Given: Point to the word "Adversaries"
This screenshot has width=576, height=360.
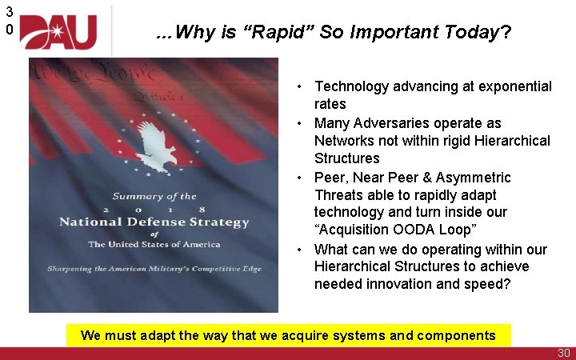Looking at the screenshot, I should point(390,122).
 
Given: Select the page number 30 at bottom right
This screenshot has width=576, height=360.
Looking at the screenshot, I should point(562,353).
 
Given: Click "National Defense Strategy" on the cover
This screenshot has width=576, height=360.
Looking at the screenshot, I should point(154,222).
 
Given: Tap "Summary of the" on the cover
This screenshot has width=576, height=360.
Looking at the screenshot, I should point(154,196).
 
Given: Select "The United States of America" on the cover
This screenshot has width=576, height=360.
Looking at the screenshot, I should point(154,244).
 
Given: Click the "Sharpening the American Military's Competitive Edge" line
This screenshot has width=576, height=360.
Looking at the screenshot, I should point(154,270).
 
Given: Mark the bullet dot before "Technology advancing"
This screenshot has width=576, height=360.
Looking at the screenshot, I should point(297,86).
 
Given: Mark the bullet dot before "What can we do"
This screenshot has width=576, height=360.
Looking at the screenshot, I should point(297,250).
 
